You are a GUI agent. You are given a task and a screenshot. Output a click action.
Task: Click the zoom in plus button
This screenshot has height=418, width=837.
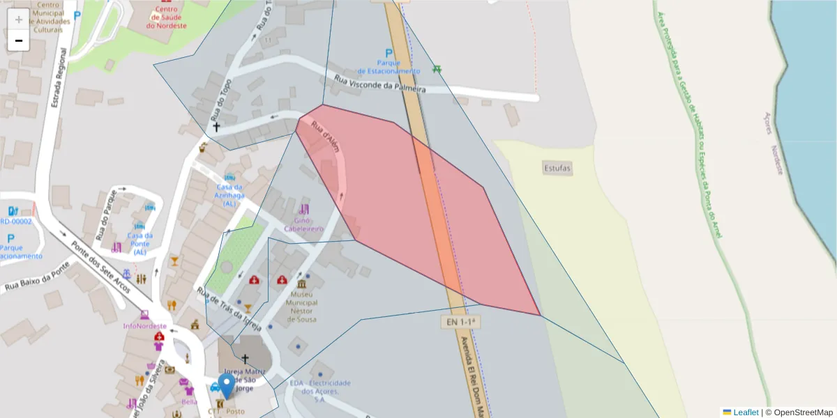19,19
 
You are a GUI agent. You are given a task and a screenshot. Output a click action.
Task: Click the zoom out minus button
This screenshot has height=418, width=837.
19,40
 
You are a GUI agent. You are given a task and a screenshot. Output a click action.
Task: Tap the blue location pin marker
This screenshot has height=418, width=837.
227,386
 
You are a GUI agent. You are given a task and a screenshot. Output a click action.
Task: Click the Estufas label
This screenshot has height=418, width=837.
557,168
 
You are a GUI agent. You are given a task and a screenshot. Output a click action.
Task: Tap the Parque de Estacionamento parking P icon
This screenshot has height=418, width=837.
389,54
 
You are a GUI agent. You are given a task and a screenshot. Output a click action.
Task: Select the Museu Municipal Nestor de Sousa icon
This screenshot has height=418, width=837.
301,286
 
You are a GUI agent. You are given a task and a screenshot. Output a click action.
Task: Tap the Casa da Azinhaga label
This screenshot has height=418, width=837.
230,195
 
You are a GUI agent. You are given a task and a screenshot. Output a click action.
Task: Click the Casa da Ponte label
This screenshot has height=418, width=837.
139,243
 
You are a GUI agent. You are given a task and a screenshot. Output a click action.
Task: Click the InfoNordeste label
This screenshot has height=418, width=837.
144,325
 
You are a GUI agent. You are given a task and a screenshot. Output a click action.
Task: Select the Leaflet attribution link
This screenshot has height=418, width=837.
744,412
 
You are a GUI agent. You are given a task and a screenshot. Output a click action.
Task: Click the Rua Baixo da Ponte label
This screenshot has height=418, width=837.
37,277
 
